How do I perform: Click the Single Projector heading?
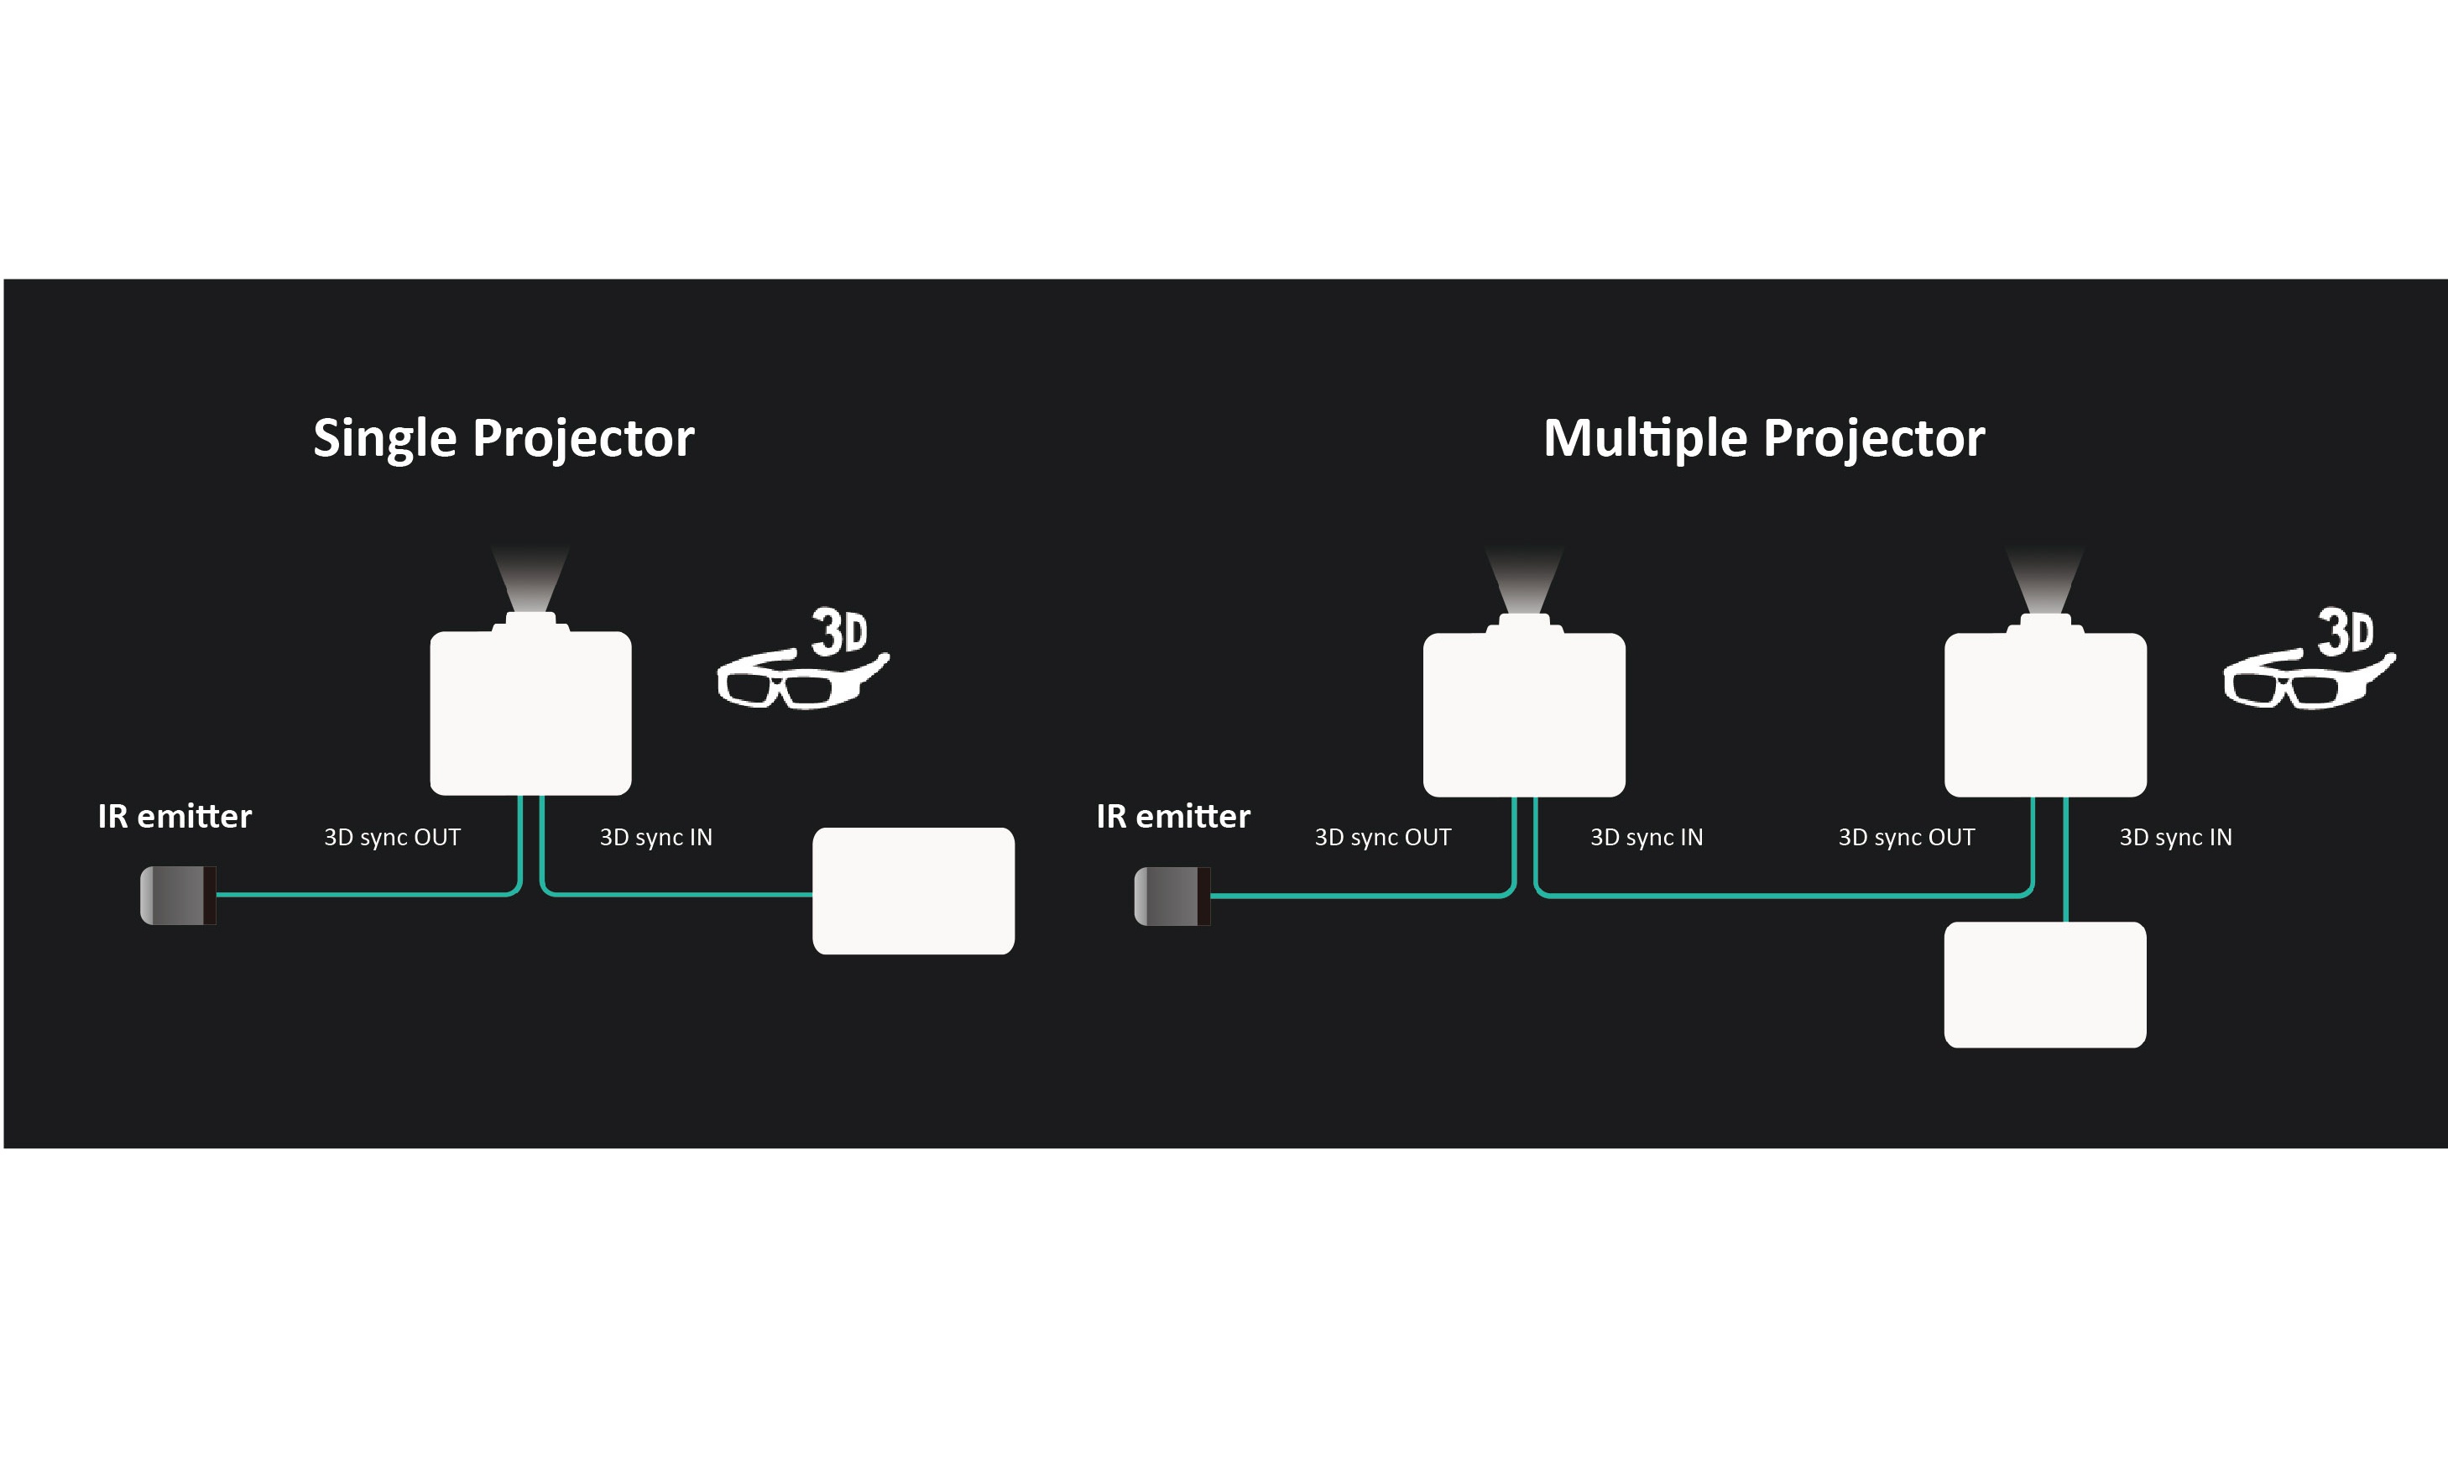(x=503, y=437)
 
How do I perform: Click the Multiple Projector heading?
(x=1763, y=437)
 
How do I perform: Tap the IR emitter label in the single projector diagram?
(x=175, y=816)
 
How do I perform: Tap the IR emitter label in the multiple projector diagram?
(x=1172, y=816)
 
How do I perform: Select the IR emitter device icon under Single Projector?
(x=178, y=895)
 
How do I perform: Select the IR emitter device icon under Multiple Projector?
(x=1172, y=896)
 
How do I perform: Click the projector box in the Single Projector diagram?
(x=530, y=713)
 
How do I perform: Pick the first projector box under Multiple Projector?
(x=1524, y=714)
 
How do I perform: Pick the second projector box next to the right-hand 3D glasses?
(x=2045, y=714)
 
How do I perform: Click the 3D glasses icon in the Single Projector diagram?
(x=801, y=663)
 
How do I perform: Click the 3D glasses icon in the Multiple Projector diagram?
(x=2308, y=663)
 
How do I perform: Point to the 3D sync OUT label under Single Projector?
(x=392, y=838)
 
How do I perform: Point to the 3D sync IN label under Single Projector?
(x=655, y=838)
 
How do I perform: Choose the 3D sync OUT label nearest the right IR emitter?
(x=1382, y=838)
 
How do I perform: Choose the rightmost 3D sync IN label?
(x=2175, y=838)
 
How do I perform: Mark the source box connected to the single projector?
(x=913, y=891)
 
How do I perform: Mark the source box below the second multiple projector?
(x=2045, y=984)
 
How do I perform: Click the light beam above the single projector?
(x=530, y=579)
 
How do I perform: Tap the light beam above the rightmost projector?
(x=2045, y=579)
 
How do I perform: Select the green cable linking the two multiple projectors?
(x=1781, y=896)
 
